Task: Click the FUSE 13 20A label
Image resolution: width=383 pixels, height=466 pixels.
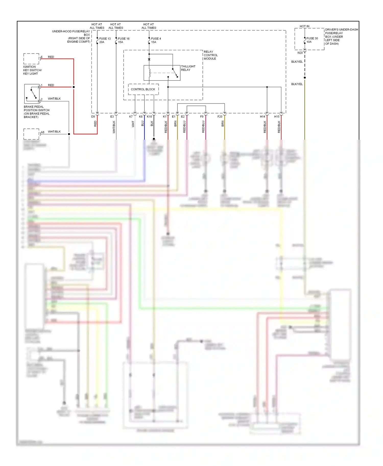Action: (x=105, y=40)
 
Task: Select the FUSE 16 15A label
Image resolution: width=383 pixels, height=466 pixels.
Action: (x=124, y=40)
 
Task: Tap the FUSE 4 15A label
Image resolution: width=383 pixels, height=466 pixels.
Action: (x=156, y=40)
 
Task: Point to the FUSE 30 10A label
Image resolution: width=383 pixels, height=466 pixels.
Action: (x=312, y=40)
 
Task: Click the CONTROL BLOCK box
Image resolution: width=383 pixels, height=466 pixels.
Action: (x=143, y=89)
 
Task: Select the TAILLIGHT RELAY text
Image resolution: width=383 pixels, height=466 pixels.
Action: (x=188, y=68)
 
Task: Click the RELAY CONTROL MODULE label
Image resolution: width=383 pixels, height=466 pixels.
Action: (x=210, y=55)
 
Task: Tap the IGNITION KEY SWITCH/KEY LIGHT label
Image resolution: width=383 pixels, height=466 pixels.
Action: (x=32, y=70)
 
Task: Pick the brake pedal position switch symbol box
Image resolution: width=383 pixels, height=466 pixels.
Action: (x=32, y=94)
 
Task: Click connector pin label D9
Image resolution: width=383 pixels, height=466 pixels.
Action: (x=93, y=116)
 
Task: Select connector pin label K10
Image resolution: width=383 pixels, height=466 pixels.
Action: (x=149, y=116)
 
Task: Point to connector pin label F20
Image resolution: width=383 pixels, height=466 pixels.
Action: (x=220, y=116)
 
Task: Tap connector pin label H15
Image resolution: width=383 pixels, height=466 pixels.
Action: (x=277, y=116)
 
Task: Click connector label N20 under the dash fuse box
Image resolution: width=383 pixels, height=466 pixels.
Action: (x=300, y=53)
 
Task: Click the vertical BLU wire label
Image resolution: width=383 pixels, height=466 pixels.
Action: (x=142, y=123)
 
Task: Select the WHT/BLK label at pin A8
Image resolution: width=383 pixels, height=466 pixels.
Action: (x=54, y=132)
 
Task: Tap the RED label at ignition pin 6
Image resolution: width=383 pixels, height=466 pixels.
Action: (x=51, y=57)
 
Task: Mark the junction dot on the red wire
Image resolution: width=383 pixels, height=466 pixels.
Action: (x=74, y=87)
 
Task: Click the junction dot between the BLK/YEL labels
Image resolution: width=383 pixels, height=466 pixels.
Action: (x=305, y=77)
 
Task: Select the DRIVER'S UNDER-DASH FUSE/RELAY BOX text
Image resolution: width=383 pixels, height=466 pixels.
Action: (x=341, y=37)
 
